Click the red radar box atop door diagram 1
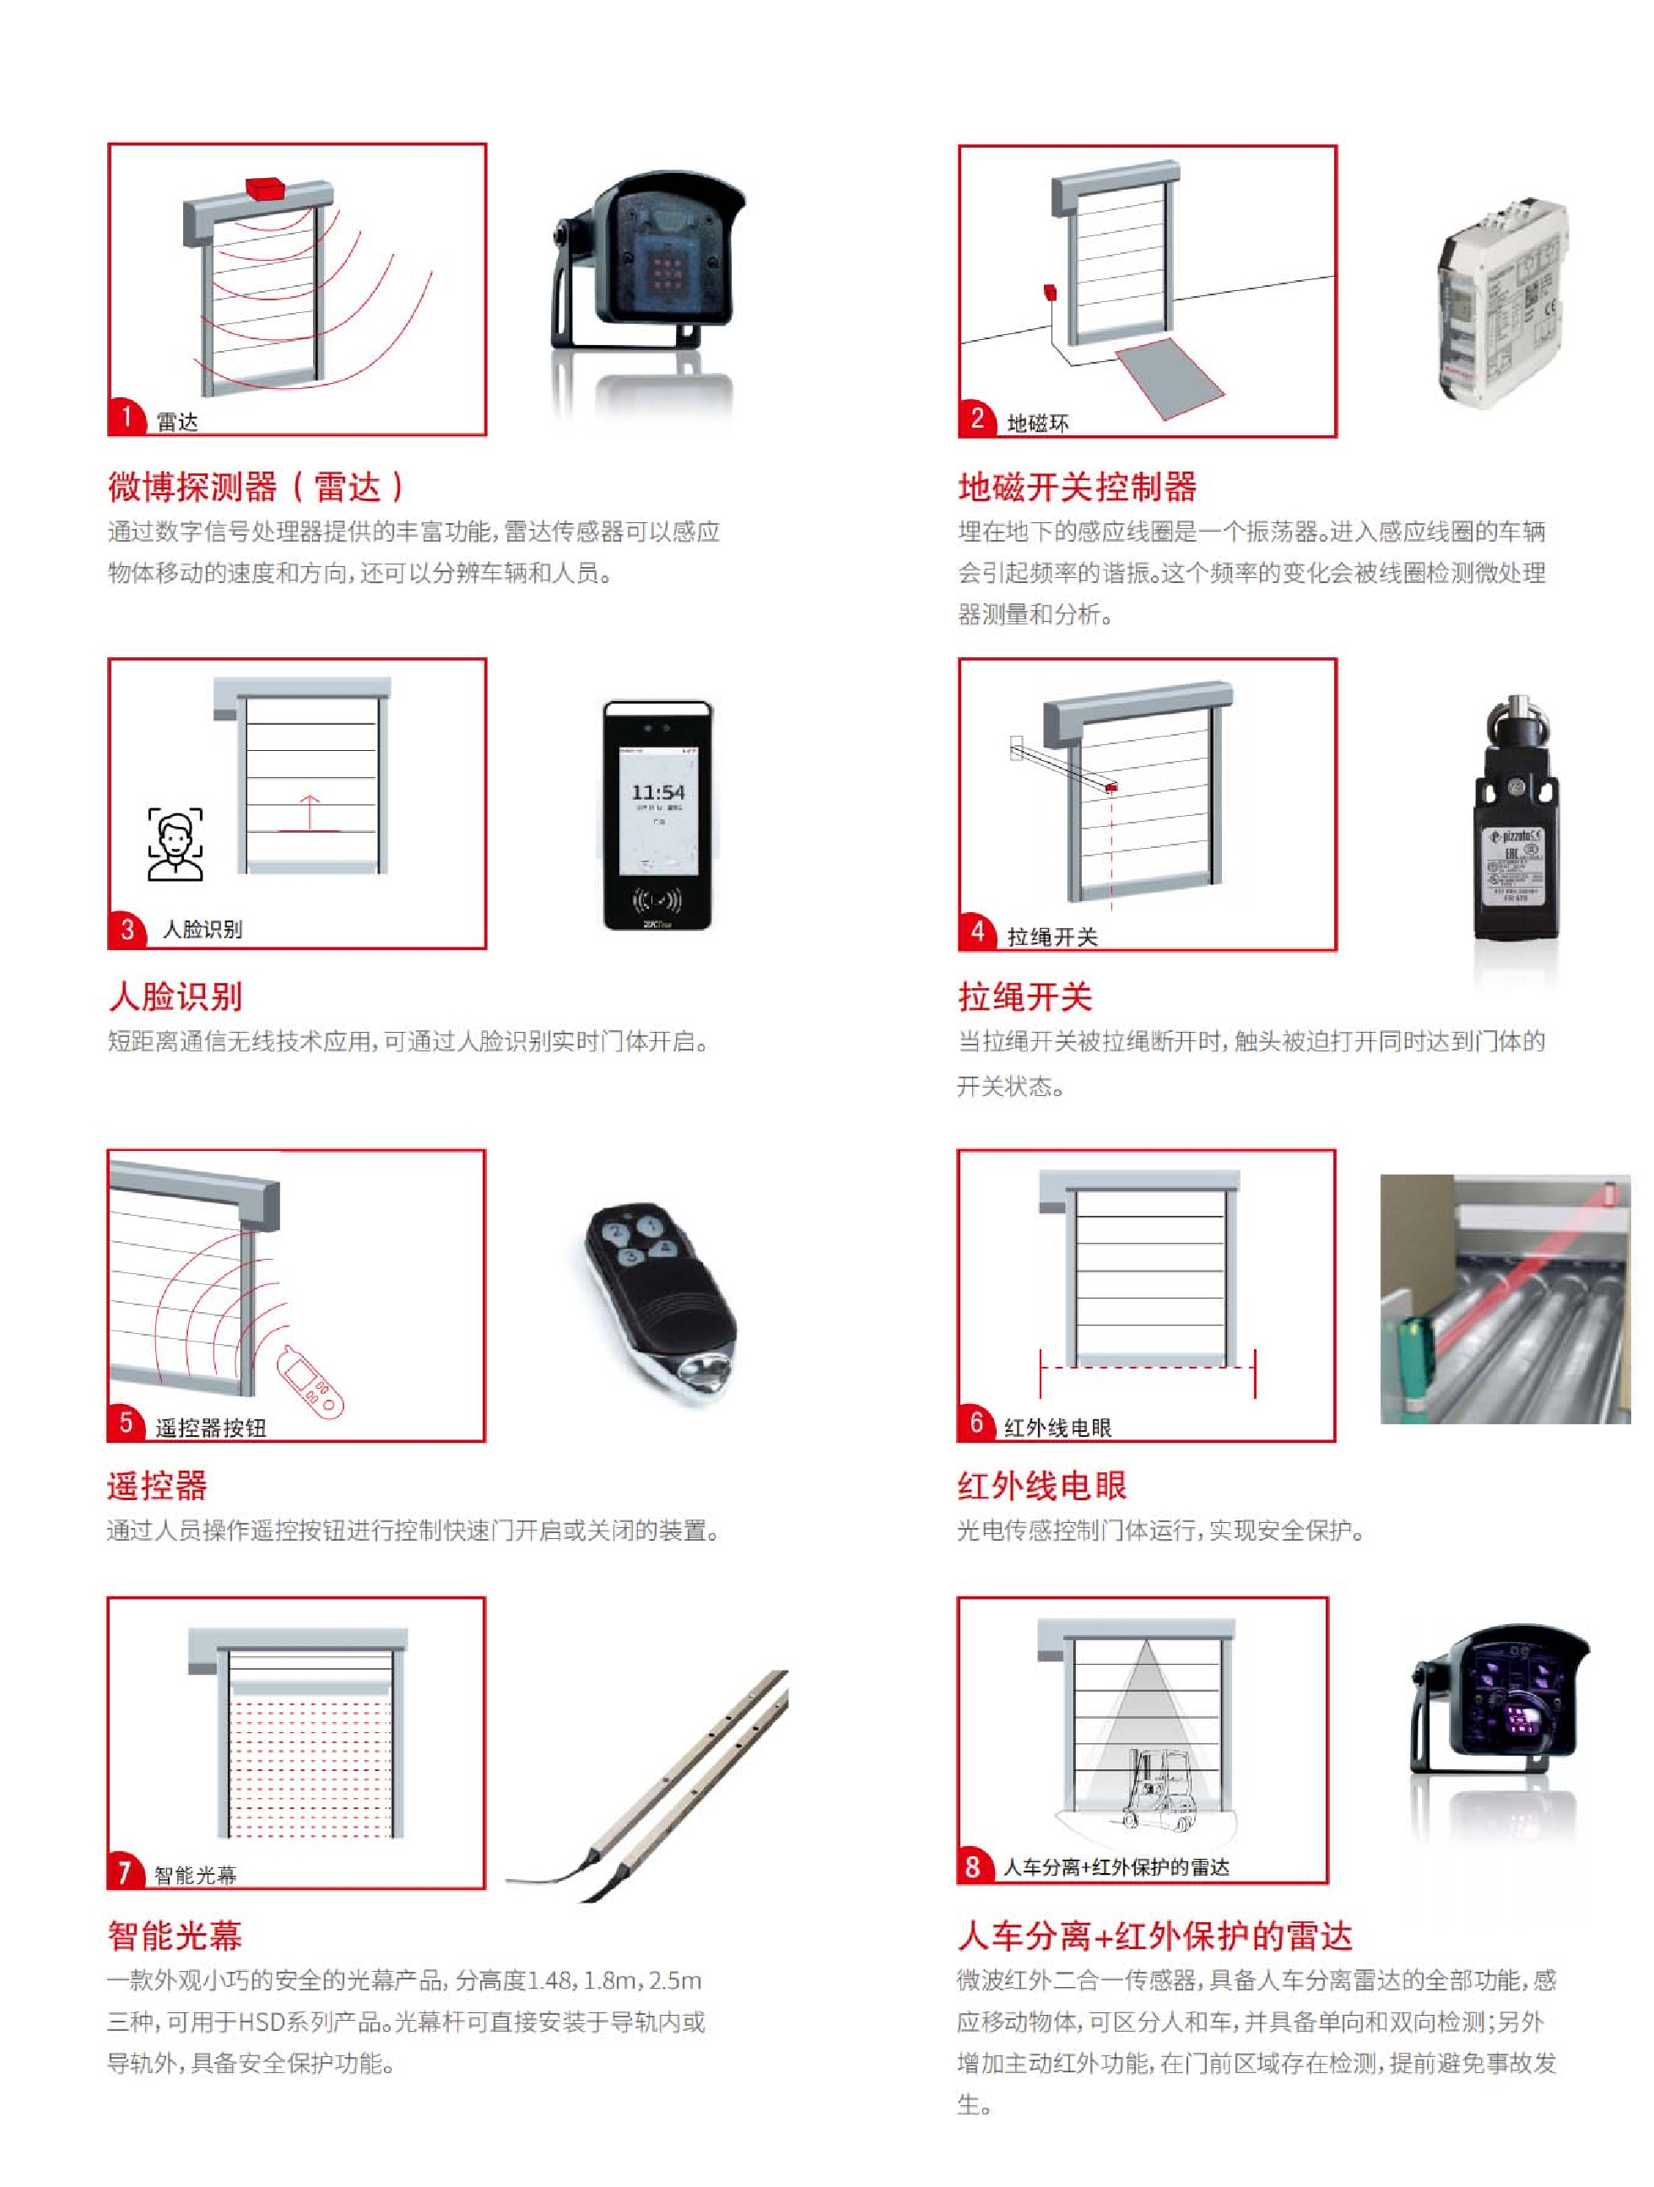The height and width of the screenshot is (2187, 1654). click(265, 188)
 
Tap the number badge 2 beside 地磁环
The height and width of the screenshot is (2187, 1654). click(976, 419)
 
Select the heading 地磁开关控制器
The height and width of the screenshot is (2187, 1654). click(1077, 487)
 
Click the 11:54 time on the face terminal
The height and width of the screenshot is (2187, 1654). click(657, 793)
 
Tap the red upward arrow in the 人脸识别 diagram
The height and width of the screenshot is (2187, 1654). click(310, 813)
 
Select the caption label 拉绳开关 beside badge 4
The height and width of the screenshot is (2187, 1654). click(1052, 937)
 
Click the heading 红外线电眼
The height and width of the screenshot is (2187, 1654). click(1041, 1485)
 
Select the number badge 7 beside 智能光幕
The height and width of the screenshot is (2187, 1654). click(125, 1872)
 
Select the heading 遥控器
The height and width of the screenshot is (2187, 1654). click(157, 1485)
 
